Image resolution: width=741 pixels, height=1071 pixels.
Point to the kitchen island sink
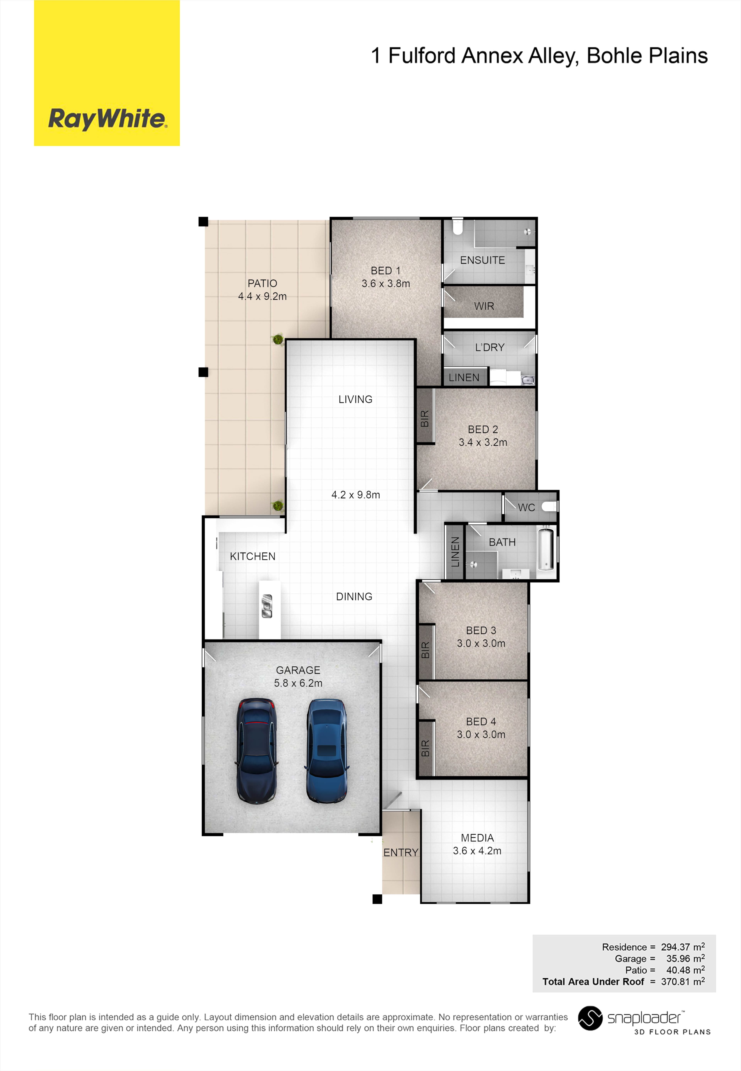pyautogui.click(x=267, y=606)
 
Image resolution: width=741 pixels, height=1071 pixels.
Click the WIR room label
pyautogui.click(x=484, y=306)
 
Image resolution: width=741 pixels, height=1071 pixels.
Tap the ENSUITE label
pyautogui.click(x=482, y=260)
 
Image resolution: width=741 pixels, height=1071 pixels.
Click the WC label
pyautogui.click(x=526, y=507)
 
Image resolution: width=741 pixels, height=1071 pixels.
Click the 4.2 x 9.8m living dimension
pyautogui.click(x=356, y=495)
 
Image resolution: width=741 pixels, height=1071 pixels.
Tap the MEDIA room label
pyautogui.click(x=477, y=838)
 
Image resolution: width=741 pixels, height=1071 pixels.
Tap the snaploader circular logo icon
pyautogui.click(x=590, y=1018)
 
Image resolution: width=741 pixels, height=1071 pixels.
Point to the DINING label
pyautogui.click(x=354, y=597)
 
